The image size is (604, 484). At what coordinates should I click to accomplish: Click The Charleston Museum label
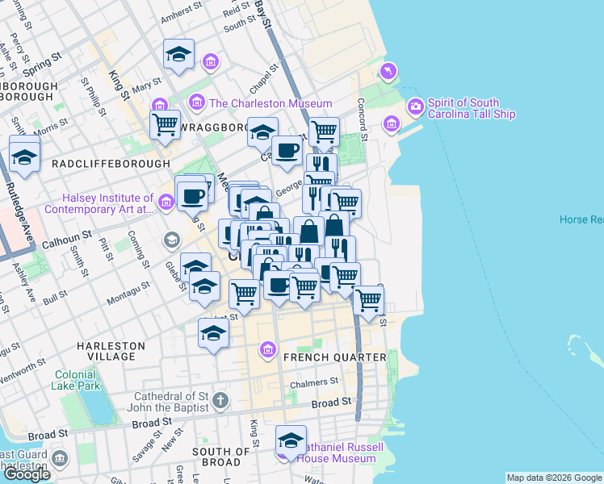coord(270,103)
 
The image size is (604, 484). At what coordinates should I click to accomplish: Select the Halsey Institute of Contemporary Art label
coord(99,203)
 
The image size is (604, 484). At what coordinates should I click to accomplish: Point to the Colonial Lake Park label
coord(78,380)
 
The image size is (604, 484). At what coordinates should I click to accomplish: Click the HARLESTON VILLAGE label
coord(111,351)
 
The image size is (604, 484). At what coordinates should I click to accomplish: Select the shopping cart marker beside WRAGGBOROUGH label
coord(166,124)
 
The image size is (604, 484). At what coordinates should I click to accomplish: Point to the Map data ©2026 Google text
coord(554,478)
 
